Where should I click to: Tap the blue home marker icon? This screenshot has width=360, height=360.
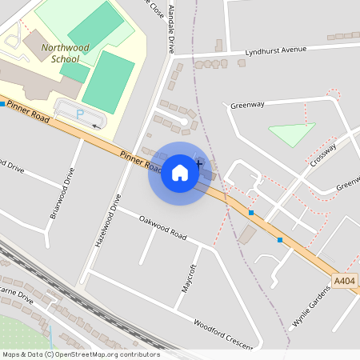[180, 173]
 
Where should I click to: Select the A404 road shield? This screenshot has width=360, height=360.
[344, 282]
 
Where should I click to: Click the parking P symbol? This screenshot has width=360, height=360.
[79, 114]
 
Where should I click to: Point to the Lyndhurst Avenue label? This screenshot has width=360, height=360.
[277, 50]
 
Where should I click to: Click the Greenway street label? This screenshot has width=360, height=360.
[247, 105]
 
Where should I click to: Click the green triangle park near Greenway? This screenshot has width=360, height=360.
[290, 134]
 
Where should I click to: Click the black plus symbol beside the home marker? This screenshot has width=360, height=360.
[198, 163]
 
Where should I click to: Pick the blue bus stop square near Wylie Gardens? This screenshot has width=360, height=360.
[280, 239]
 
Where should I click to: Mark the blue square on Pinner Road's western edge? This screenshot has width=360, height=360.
[2, 104]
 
